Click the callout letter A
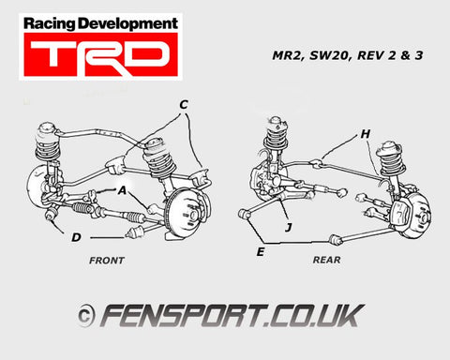coord(122,188)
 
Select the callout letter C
coord(184,103)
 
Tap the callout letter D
coord(74,237)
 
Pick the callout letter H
coord(366,133)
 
